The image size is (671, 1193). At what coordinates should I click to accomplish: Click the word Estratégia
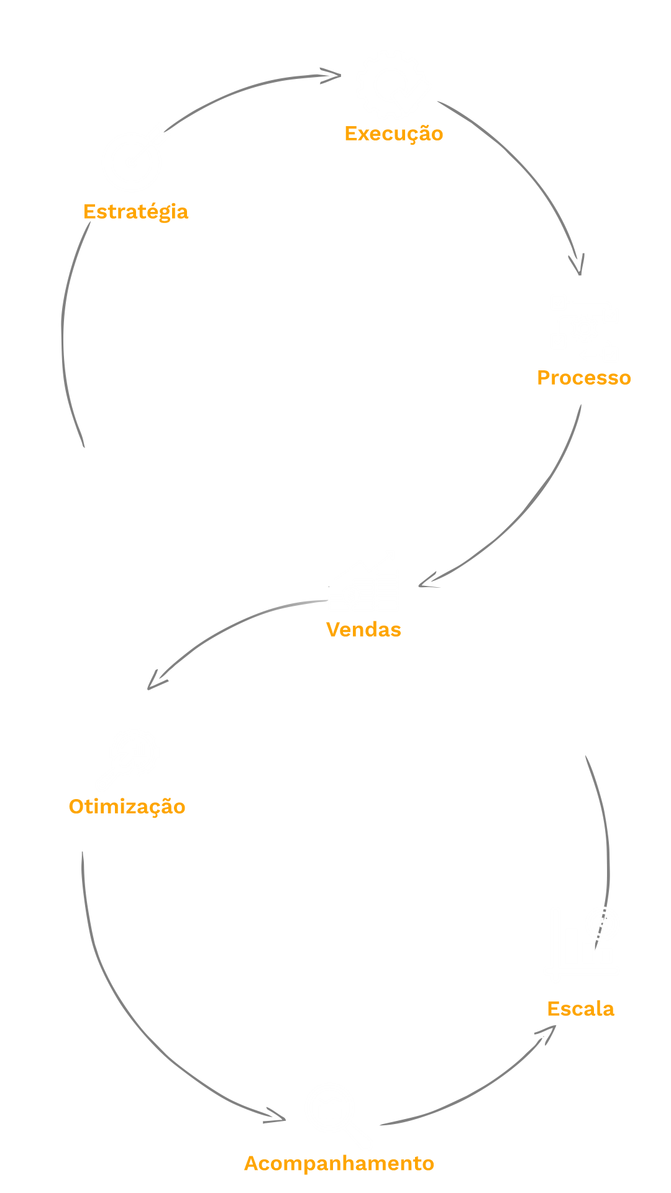(x=135, y=212)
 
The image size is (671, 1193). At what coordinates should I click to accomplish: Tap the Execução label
(x=394, y=134)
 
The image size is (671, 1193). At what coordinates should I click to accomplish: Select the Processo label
(x=583, y=378)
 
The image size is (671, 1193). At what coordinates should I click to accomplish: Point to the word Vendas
(x=363, y=629)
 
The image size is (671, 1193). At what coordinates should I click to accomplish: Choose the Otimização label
(x=127, y=807)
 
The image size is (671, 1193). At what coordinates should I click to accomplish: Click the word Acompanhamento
(x=339, y=1163)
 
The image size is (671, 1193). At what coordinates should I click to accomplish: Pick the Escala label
(x=580, y=1008)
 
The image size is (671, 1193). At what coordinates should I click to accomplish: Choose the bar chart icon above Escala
(x=581, y=944)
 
